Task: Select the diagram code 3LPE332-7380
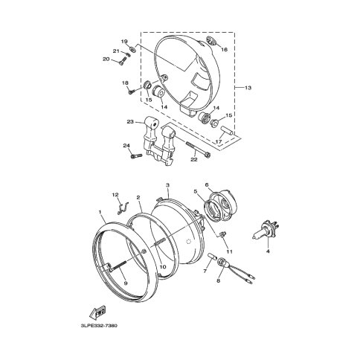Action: (x=99, y=326)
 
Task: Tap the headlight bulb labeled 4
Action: (x=266, y=230)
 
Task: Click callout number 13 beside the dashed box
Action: (x=248, y=88)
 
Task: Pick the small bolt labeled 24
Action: (x=136, y=155)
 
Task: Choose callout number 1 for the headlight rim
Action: (x=100, y=212)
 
